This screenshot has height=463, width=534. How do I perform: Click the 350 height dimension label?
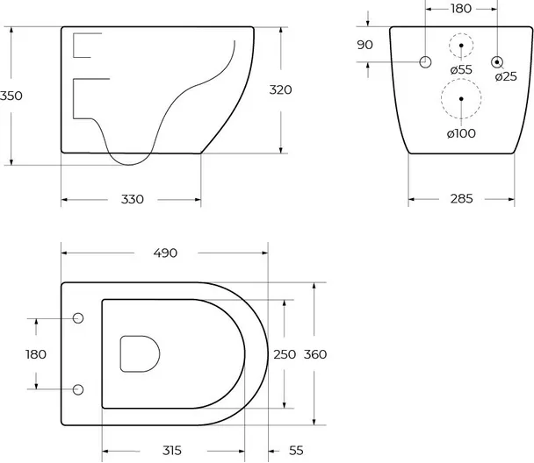(x=11, y=96)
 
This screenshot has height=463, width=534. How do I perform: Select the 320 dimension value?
(x=281, y=90)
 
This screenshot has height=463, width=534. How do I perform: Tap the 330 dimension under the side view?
(x=133, y=199)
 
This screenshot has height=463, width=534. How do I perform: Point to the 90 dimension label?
(x=364, y=45)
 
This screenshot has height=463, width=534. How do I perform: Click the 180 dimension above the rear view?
(x=461, y=9)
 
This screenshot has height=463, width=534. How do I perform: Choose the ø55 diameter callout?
(x=461, y=70)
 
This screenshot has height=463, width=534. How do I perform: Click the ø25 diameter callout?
(x=506, y=76)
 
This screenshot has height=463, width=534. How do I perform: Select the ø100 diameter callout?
(x=461, y=133)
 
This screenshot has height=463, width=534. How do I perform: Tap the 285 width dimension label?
(x=461, y=198)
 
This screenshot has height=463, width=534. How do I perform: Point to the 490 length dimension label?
(x=165, y=253)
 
